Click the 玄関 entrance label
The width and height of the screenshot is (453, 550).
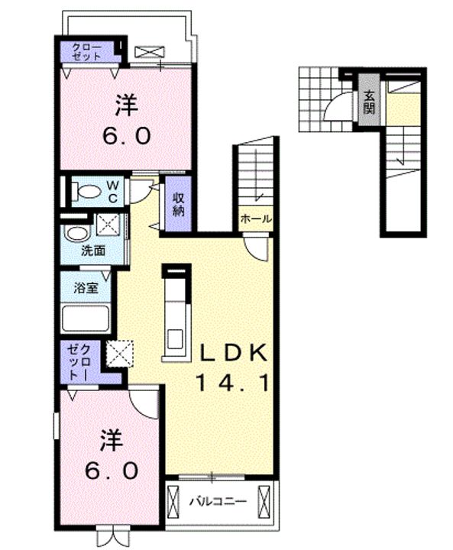pos(369,102)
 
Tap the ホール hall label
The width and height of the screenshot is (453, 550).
pos(255,219)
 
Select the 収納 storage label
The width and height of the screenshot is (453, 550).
pos(178,205)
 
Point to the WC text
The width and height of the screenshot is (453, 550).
pos(112,191)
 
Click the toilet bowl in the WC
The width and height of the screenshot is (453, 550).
pos(89,192)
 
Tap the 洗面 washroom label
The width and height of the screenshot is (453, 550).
pos(93,251)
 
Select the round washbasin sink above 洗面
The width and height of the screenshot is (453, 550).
pos(76,234)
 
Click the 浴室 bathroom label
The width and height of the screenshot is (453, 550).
pos(86,288)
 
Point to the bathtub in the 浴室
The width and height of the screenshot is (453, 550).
pos(86,319)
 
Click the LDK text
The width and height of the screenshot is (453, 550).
pos(233,354)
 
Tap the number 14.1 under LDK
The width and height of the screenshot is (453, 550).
pos(233,383)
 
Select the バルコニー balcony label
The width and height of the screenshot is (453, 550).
pos(218,501)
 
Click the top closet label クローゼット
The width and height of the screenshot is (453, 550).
pos(86,52)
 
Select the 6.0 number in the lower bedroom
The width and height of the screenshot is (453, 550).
pos(112,471)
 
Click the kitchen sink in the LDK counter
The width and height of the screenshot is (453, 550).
pos(174,339)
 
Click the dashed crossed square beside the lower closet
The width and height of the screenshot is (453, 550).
pos(120,354)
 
